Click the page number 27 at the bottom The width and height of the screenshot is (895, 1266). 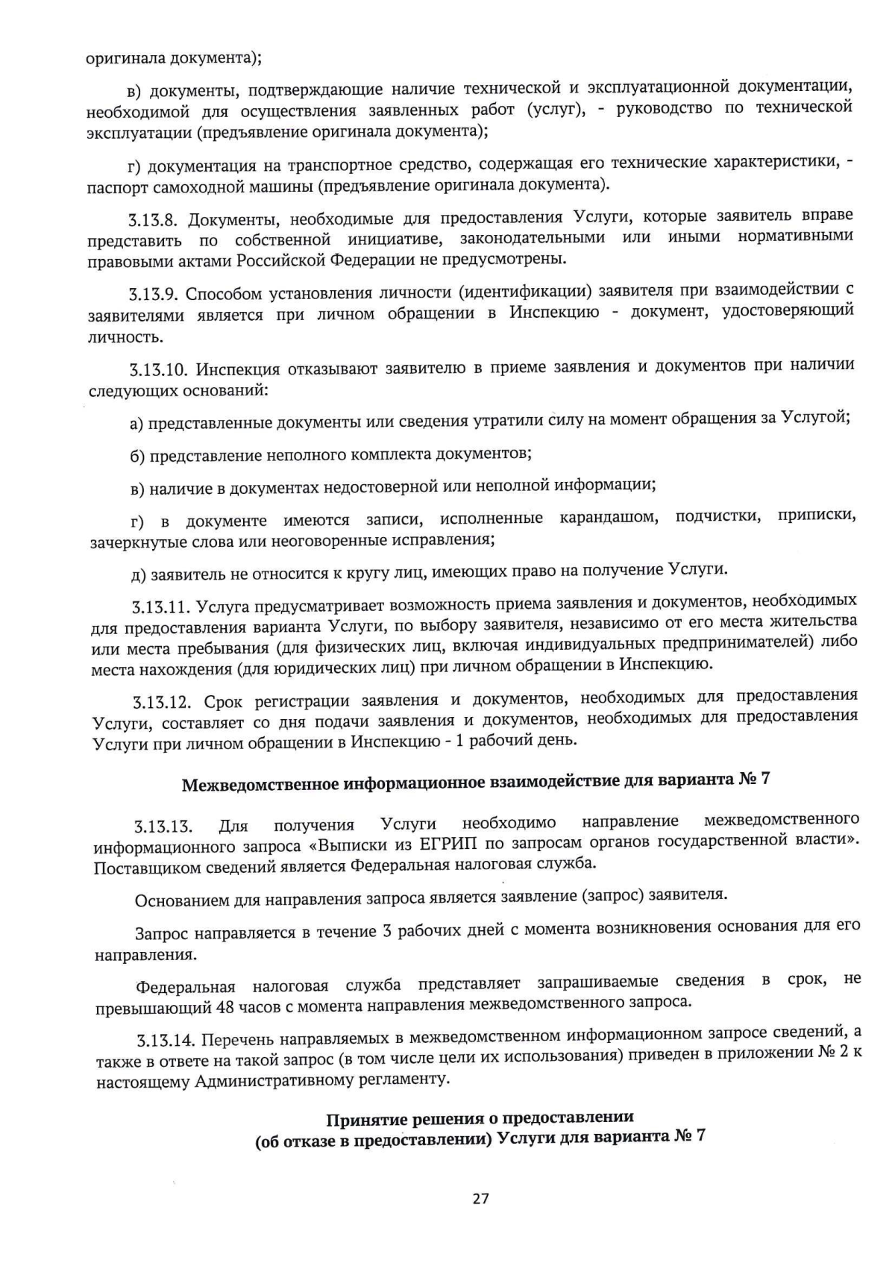480,1199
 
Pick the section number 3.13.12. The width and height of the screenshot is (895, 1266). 163,703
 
